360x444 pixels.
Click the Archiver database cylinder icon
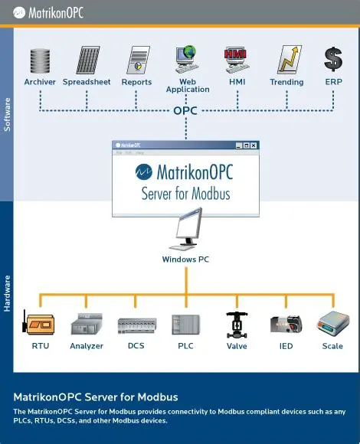[x=40, y=60]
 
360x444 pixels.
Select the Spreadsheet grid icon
[x=87, y=60]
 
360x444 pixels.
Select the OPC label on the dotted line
[x=185, y=111]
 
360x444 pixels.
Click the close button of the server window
[x=254, y=145]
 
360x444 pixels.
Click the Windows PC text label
[x=185, y=260]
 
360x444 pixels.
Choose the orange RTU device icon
[x=39, y=324]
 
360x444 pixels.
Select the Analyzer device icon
[x=87, y=325]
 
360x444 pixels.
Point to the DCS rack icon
[x=137, y=325]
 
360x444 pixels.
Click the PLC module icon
[x=185, y=325]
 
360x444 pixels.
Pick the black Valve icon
[x=237, y=324]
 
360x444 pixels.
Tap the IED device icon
[x=286, y=324]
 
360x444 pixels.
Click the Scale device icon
[x=332, y=323]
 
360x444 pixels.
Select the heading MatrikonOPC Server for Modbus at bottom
[x=96, y=397]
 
